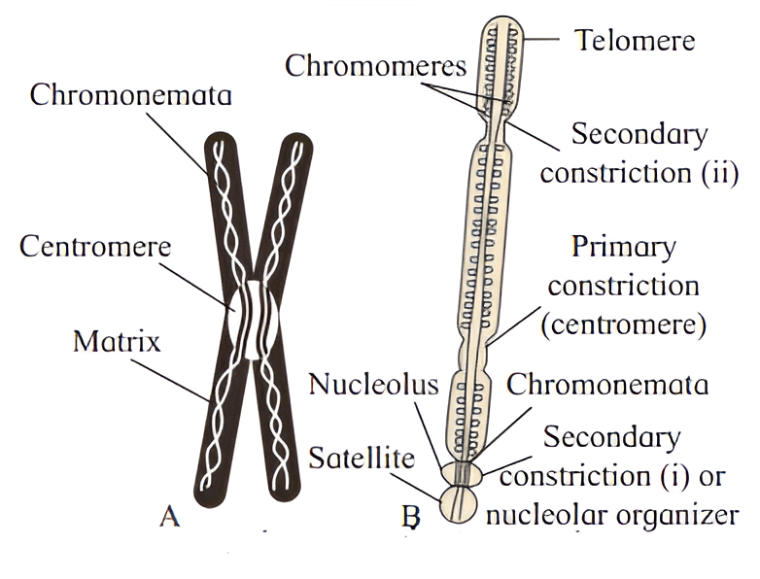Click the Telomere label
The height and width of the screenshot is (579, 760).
coord(635,40)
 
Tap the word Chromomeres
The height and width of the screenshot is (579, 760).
coord(374,66)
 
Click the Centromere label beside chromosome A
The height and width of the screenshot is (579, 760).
coord(94,245)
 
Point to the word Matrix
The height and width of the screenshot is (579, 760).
coord(117,342)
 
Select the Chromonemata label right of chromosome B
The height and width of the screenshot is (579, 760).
coord(607,384)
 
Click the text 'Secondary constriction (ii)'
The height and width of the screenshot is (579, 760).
coord(639,153)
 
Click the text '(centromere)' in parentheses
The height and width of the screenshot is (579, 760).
coord(622,324)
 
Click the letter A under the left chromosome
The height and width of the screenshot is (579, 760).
coord(170,516)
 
